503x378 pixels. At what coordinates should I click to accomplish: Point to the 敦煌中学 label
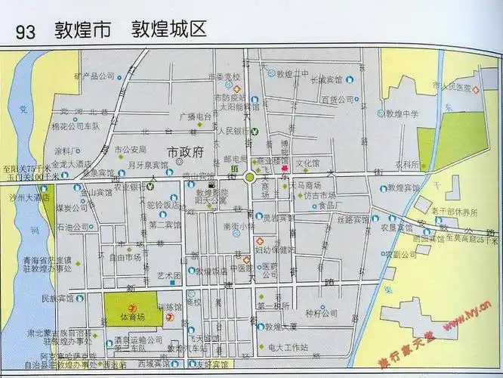pos(402,114)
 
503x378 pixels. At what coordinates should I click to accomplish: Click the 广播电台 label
pos(194,116)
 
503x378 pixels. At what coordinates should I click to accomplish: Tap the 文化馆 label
pos(307,163)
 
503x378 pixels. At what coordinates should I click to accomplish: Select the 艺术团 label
pos(168,275)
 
